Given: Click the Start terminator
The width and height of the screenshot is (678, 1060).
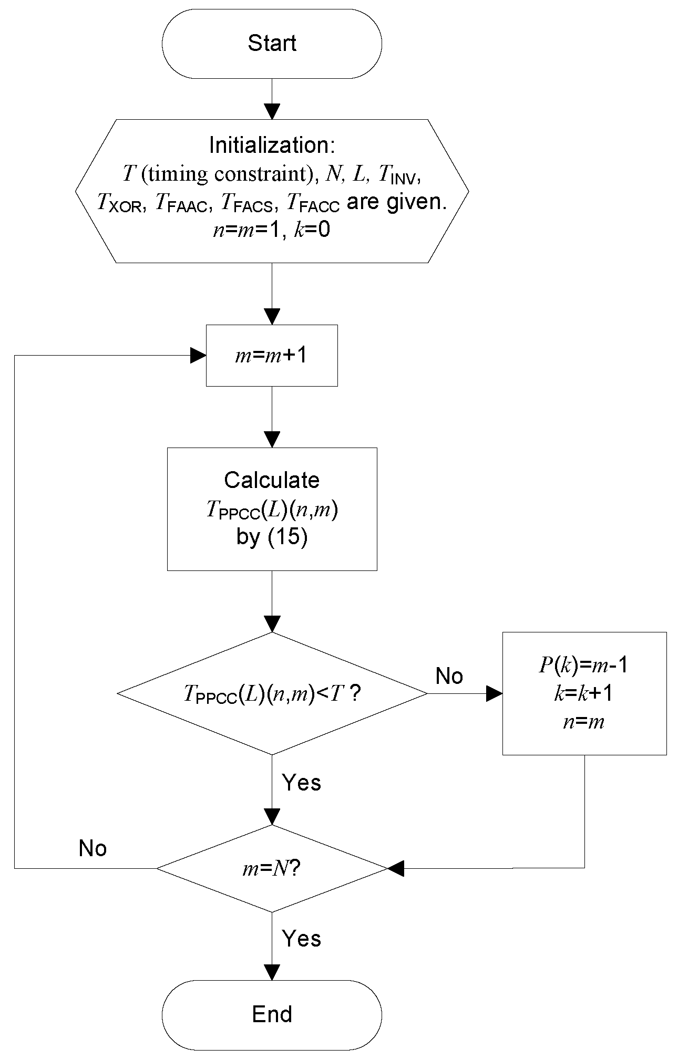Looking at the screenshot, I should pos(272,43).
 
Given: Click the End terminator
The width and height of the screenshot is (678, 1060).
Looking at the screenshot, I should pos(272,1014).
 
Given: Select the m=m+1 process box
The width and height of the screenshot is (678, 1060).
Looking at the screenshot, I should pos(272,356).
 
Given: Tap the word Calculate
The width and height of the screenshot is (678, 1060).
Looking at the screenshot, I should pos(272,480).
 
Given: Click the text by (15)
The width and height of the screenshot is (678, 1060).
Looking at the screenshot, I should pos(272,538).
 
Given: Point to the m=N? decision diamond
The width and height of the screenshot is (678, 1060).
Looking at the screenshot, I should pos(272,869).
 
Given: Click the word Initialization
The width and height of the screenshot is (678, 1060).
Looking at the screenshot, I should pos(272,146).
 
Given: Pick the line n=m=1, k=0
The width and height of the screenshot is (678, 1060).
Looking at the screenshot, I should pos(272,230).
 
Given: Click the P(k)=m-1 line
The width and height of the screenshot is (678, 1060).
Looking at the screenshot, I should pos(584,666).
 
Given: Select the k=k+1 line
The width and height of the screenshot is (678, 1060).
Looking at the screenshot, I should pos(584,694).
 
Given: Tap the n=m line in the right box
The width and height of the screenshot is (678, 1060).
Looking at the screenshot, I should pos(584,722).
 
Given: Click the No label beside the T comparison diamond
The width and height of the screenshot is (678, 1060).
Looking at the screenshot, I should pos(449,676).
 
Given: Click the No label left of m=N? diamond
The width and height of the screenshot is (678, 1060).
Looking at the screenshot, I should pos(93,848).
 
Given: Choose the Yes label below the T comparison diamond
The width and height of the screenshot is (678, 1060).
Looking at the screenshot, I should pos(301,783).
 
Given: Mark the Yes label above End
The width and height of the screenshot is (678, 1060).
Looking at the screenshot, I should pos(301,939).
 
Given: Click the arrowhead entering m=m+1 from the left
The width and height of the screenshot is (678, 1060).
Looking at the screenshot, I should pos(198,356).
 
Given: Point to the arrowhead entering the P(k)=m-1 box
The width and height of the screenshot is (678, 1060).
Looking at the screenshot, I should pos(494,694).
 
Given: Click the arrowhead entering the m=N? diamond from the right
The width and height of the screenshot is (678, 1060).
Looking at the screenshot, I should pos(396,868).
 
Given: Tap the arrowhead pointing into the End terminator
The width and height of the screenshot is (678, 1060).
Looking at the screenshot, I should pos(272,972).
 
